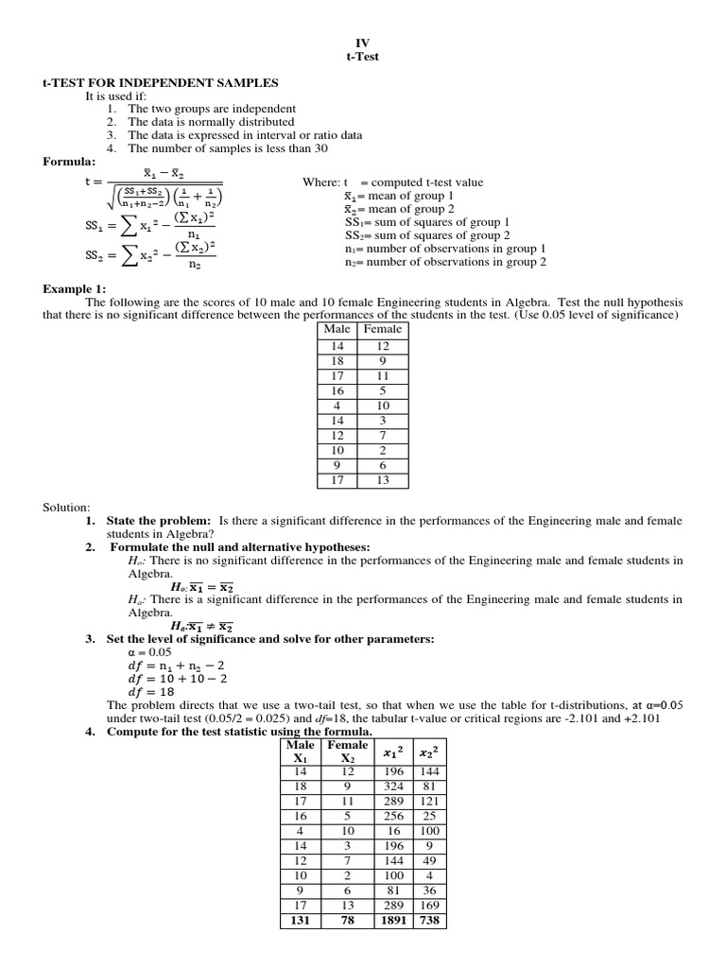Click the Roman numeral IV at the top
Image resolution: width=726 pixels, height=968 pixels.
coord(362,43)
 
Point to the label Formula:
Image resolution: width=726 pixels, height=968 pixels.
coord(70,162)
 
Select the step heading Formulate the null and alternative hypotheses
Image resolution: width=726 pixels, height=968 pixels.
coord(240,547)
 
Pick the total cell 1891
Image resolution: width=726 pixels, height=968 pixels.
coord(393,921)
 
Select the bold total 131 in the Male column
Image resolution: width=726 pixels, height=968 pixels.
coord(301,921)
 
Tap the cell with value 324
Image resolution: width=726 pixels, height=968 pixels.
coord(393,786)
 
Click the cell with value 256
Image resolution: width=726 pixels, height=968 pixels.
coord(393,816)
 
